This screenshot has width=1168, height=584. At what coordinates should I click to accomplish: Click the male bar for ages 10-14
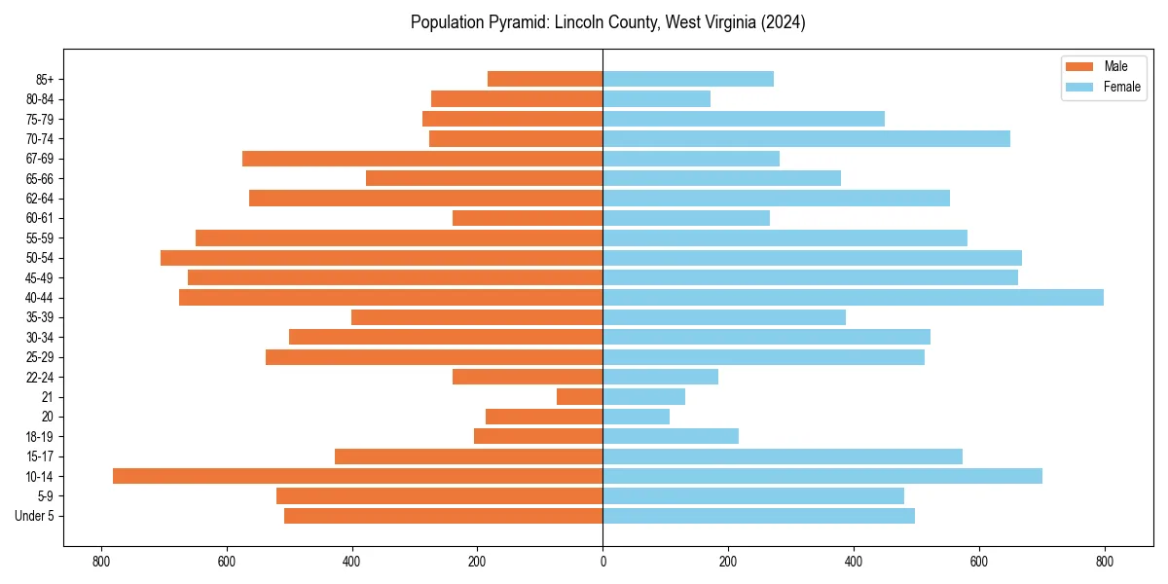pyautogui.click(x=357, y=476)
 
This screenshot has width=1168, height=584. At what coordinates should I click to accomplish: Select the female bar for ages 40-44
pyautogui.click(x=853, y=297)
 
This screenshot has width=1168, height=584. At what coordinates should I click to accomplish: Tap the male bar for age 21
pyautogui.click(x=579, y=396)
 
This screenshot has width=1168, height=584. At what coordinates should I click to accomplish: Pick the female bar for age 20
pyautogui.click(x=636, y=417)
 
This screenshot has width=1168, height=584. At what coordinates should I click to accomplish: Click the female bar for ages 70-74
pyautogui.click(x=806, y=138)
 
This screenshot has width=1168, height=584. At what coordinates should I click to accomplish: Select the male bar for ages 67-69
pyautogui.click(x=422, y=159)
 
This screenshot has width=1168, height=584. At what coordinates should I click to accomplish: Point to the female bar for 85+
pyautogui.click(x=688, y=79)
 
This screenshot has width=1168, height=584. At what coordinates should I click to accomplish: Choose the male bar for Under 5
pyautogui.click(x=443, y=516)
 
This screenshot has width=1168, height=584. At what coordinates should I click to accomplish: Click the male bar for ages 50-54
pyautogui.click(x=382, y=258)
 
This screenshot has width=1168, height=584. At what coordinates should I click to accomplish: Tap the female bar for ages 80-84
pyautogui.click(x=656, y=98)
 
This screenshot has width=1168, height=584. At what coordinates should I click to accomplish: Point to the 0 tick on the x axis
pyautogui.click(x=602, y=561)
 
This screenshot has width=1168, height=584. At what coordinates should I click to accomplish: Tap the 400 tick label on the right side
pyautogui.click(x=854, y=561)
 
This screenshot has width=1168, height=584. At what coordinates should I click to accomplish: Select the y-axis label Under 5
pyautogui.click(x=35, y=516)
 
